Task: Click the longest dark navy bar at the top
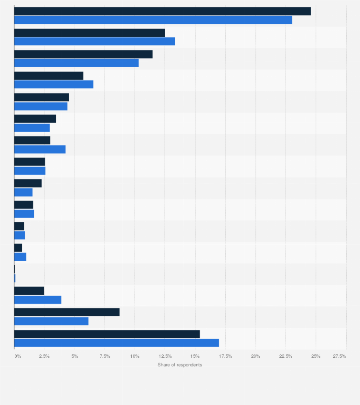tap(162, 11)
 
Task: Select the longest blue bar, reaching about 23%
tap(153, 20)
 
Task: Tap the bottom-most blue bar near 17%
tap(116, 343)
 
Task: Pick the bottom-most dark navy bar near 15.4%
tap(107, 334)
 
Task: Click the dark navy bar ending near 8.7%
tap(67, 312)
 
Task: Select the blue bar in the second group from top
tap(95, 42)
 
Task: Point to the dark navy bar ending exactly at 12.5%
tap(89, 33)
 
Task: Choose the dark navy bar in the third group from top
tap(83, 54)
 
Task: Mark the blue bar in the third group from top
tap(76, 63)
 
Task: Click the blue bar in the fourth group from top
tap(53, 84)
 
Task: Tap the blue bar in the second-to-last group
tap(51, 321)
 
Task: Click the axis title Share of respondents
tap(180, 365)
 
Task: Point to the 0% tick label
tap(17, 356)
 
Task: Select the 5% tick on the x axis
tap(74, 356)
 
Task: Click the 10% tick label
tap(135, 356)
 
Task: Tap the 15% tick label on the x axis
tap(195, 356)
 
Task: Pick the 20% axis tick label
tap(255, 356)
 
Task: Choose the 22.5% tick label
tap(286, 356)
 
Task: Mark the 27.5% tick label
tap(339, 356)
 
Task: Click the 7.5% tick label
tap(105, 356)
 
